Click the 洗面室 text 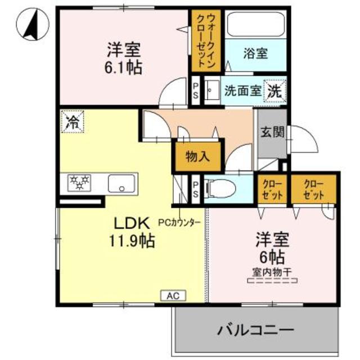(242, 90)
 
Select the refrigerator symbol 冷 (72, 121)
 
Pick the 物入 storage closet (197, 157)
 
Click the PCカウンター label (183, 222)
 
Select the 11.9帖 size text (133, 241)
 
